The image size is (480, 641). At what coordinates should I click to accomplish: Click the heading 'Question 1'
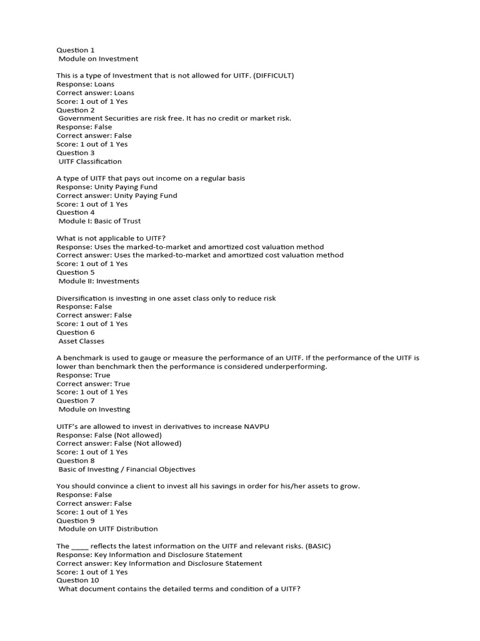[x=76, y=50]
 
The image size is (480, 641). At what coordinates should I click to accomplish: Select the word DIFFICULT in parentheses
[x=272, y=76]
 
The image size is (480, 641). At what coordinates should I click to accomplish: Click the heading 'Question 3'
[x=76, y=153]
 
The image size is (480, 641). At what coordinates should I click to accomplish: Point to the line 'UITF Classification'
[x=90, y=162]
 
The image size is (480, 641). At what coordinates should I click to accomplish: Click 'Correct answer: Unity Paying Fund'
[x=117, y=195]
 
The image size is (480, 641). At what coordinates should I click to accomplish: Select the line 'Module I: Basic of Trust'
[x=99, y=221]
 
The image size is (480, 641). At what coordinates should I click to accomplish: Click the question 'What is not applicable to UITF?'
[x=112, y=238]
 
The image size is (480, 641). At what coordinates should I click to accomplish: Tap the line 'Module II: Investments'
[x=99, y=281]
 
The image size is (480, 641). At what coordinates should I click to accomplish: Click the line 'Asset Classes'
[x=81, y=341]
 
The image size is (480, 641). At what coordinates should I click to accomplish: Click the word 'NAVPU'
[x=256, y=426]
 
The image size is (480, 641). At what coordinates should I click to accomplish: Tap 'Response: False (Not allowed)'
[x=109, y=435]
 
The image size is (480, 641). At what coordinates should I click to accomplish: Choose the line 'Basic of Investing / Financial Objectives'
[x=127, y=469]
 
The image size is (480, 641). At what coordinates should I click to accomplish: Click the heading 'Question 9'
[x=76, y=520]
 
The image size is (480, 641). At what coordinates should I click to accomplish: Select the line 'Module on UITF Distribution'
[x=108, y=529]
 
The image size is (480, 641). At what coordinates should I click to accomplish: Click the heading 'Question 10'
[x=77, y=580]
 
